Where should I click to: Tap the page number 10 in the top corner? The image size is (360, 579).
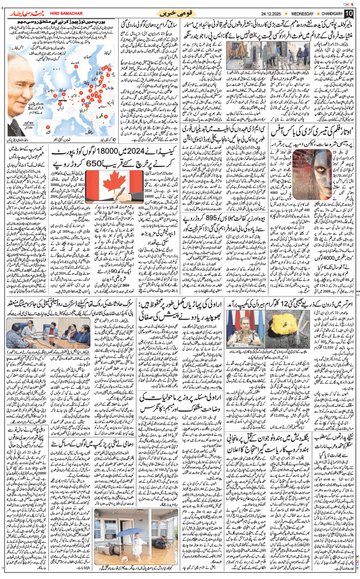(x=348, y=13)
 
